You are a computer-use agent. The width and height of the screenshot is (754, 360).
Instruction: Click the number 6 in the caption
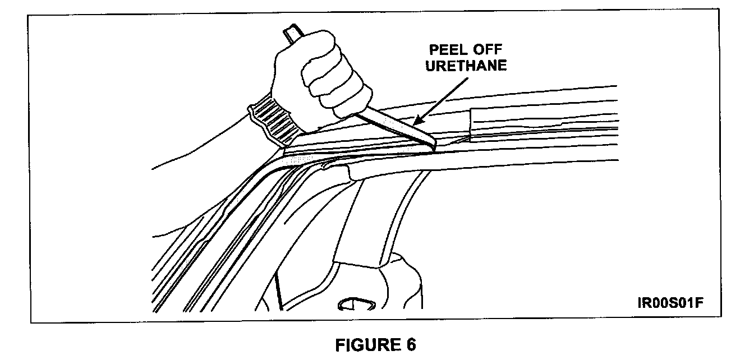[x=411, y=345]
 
